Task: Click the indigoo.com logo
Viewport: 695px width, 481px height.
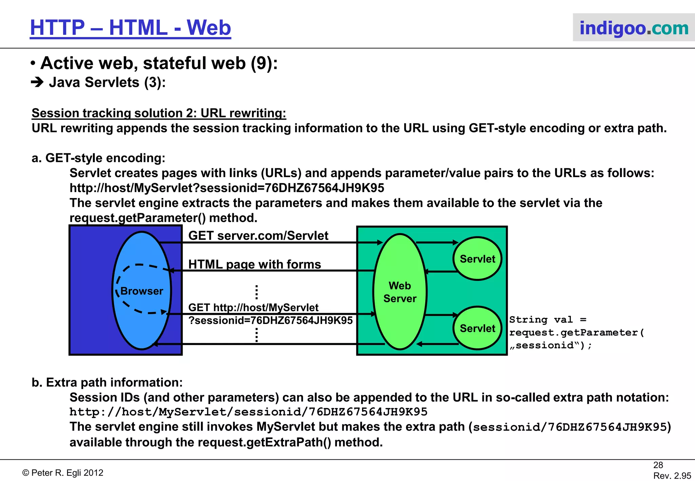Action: [x=634, y=28]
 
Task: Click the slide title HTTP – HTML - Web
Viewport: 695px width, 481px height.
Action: [x=130, y=28]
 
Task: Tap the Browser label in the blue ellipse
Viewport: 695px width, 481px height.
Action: [x=142, y=291]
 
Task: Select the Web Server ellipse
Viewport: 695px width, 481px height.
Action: [x=400, y=292]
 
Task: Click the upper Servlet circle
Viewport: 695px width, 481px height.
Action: [x=477, y=259]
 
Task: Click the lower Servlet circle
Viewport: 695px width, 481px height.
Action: [x=477, y=328]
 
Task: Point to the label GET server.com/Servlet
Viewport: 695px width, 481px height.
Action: [x=258, y=235]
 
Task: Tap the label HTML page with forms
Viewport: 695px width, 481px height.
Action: [x=255, y=264]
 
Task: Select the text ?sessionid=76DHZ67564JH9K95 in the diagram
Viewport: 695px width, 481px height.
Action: [x=270, y=320]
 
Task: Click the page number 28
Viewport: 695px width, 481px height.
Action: [x=658, y=465]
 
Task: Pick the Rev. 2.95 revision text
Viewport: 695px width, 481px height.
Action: [x=672, y=476]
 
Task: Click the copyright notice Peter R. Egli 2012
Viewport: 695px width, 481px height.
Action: [x=63, y=473]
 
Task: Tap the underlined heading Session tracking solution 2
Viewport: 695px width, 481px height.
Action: [x=159, y=113]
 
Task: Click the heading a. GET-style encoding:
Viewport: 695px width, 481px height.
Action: [x=98, y=158]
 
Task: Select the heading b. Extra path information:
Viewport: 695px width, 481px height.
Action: [x=107, y=382]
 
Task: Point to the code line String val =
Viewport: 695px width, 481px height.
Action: [x=548, y=320]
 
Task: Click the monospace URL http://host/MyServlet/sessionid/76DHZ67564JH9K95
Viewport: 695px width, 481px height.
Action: [x=248, y=412]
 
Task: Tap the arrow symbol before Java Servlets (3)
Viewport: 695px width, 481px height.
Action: [x=37, y=82]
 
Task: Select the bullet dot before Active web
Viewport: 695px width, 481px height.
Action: [x=33, y=63]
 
